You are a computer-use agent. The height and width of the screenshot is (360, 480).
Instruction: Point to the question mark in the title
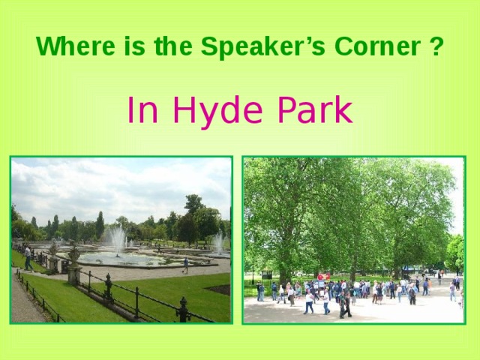[x=436, y=47]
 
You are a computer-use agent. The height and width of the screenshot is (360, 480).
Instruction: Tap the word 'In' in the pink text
[x=140, y=111]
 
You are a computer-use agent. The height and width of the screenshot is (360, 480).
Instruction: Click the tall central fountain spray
[x=116, y=240]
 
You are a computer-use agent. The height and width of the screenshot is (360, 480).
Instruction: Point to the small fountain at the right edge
[x=218, y=241]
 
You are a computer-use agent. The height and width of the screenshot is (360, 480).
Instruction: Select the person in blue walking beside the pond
[x=185, y=265]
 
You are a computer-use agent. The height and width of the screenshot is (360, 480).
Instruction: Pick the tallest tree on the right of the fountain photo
[x=193, y=214]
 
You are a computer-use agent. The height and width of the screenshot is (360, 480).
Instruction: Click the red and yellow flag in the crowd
[x=323, y=277]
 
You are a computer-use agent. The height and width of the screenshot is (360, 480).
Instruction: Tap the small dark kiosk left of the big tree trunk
[x=266, y=274]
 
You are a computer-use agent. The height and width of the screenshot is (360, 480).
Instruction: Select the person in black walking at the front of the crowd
[x=346, y=303]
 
